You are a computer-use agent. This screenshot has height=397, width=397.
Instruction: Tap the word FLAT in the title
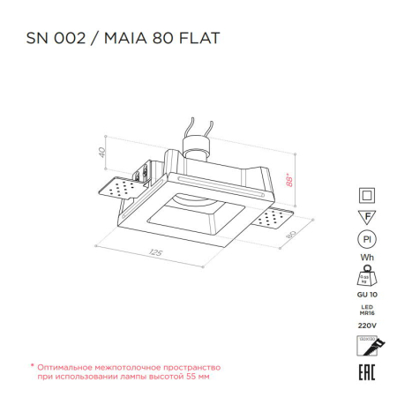pyautogui.click(x=200, y=39)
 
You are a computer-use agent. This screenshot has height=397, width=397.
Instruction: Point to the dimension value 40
pyautogui.click(x=101, y=153)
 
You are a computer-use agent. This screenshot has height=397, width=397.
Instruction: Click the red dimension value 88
pyautogui.click(x=288, y=182)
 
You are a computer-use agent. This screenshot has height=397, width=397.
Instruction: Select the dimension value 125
pyautogui.click(x=156, y=254)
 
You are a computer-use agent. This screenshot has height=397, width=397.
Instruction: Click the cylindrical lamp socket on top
pyautogui.click(x=196, y=145)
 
